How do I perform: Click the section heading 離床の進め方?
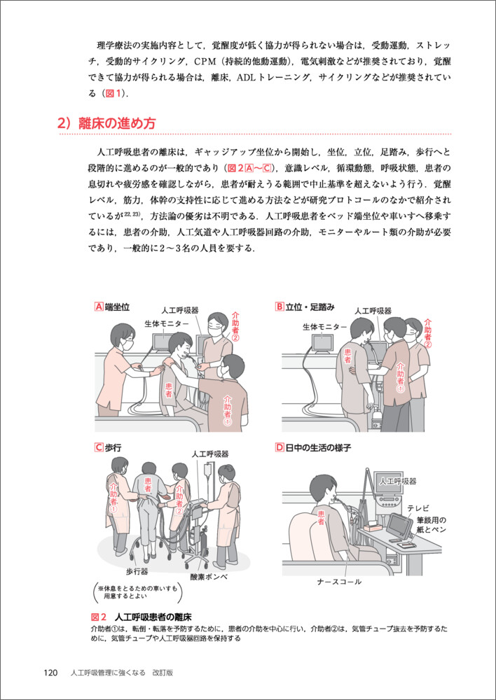117,122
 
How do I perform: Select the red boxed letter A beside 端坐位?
99,307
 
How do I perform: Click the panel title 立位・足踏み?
310,307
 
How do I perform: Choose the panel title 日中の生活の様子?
318,448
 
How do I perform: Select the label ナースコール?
339,582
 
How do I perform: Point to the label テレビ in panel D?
418,508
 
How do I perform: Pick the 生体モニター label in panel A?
167,323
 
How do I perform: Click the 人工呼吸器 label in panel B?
373,311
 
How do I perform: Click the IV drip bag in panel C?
207,470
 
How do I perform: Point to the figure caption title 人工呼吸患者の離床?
153,617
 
